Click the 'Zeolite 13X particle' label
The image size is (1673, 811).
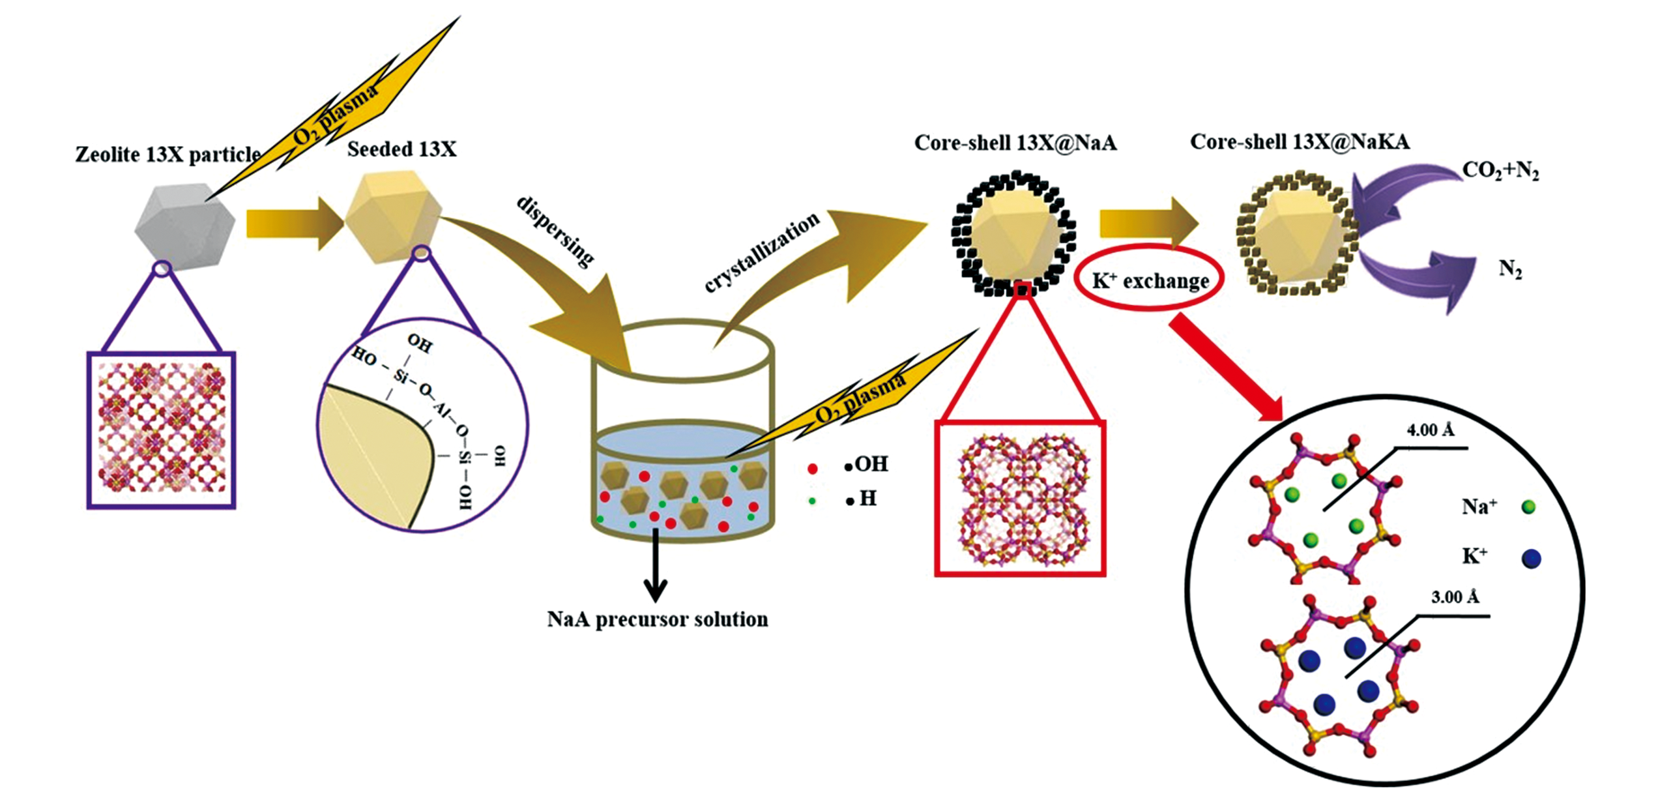click(168, 155)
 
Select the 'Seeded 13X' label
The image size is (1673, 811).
click(401, 149)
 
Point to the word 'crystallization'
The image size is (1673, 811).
click(761, 251)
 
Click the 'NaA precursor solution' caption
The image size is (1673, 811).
click(657, 619)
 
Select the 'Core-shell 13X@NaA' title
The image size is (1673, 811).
click(1015, 143)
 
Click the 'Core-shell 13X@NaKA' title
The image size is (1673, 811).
click(1300, 142)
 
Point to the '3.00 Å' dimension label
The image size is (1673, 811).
click(1455, 597)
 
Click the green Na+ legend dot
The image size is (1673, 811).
click(1528, 507)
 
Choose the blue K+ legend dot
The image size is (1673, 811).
click(1531, 559)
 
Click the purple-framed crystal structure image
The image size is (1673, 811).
click(162, 430)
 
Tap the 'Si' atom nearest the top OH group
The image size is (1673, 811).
click(400, 376)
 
